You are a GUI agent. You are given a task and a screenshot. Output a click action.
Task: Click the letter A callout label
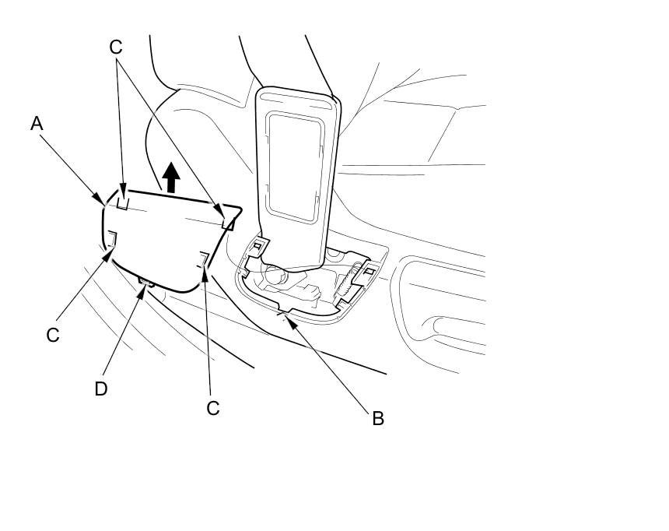(x=37, y=123)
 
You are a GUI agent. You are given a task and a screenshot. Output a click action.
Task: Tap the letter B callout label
(x=378, y=418)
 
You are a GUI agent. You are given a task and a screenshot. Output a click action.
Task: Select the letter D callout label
(x=101, y=388)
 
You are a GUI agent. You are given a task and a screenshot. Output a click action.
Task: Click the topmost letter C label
(x=116, y=47)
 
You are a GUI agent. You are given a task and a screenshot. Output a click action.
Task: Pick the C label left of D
(x=53, y=335)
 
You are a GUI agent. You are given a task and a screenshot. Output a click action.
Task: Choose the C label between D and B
(x=213, y=407)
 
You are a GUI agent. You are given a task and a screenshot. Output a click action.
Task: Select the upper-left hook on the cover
(x=123, y=202)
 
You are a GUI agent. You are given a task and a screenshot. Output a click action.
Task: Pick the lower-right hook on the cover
(x=203, y=259)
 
